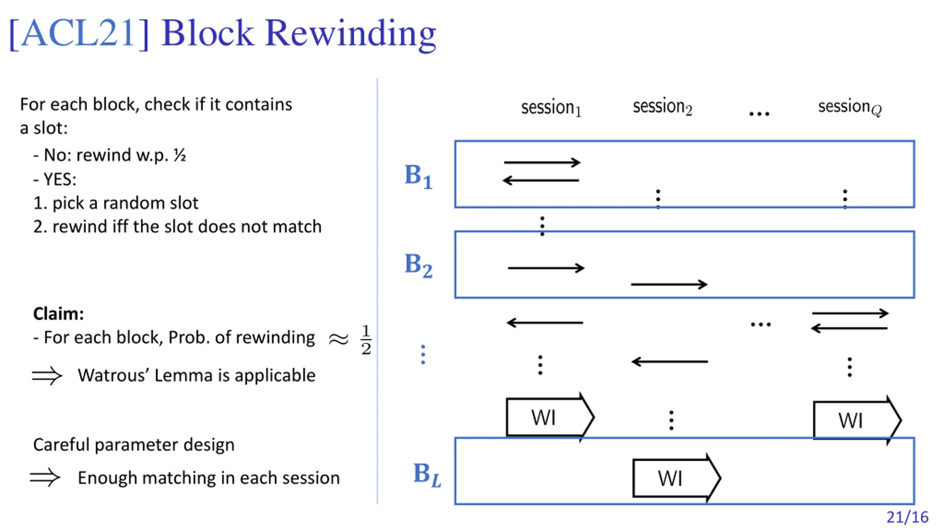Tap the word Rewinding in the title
pos(351,34)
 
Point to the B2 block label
pos(418,265)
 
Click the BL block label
pos(427,475)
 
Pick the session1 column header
pos(551,108)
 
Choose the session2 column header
pos(662,107)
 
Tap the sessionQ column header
pos(850,107)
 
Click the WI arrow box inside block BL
pos(677,478)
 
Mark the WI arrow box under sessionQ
pos(857,420)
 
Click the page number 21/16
pos(907,517)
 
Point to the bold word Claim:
pos(58,314)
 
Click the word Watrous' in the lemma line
pos(113,375)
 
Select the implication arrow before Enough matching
pos(45,478)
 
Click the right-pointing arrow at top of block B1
pos(542,162)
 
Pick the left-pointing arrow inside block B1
pos(541,180)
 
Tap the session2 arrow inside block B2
pos(669,284)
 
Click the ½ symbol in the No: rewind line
pos(180,155)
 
